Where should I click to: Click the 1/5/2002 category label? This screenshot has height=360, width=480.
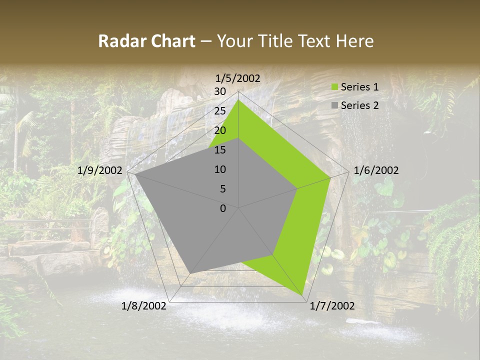(238, 78)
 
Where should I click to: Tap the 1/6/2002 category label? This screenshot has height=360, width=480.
(376, 170)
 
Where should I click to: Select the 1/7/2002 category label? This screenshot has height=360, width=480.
(332, 306)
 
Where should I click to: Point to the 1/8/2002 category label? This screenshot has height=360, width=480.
(144, 306)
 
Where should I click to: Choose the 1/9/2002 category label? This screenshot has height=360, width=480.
(100, 170)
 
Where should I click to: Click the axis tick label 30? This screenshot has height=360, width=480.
(220, 91)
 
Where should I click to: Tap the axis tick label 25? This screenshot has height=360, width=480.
(220, 111)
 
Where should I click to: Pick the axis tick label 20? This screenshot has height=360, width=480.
(220, 130)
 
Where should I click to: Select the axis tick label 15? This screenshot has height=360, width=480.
(220, 150)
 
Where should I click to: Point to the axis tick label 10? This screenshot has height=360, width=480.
(220, 169)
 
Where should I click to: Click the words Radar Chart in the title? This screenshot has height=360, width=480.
(146, 41)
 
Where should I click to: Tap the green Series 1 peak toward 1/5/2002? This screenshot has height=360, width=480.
(238, 100)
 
